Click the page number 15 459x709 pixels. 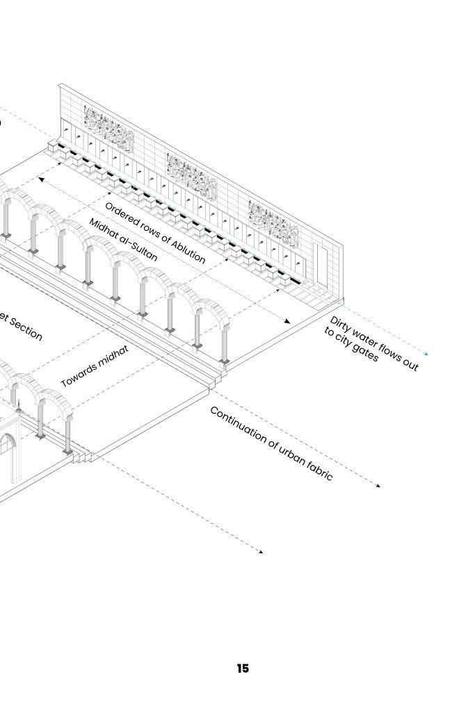click(242, 669)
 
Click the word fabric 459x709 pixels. click(319, 471)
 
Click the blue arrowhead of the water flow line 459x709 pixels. click(426, 354)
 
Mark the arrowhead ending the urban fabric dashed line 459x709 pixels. click(379, 486)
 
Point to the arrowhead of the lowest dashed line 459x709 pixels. click(261, 553)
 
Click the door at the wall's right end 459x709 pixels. click(321, 265)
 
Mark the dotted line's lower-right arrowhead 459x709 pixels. click(289, 321)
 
